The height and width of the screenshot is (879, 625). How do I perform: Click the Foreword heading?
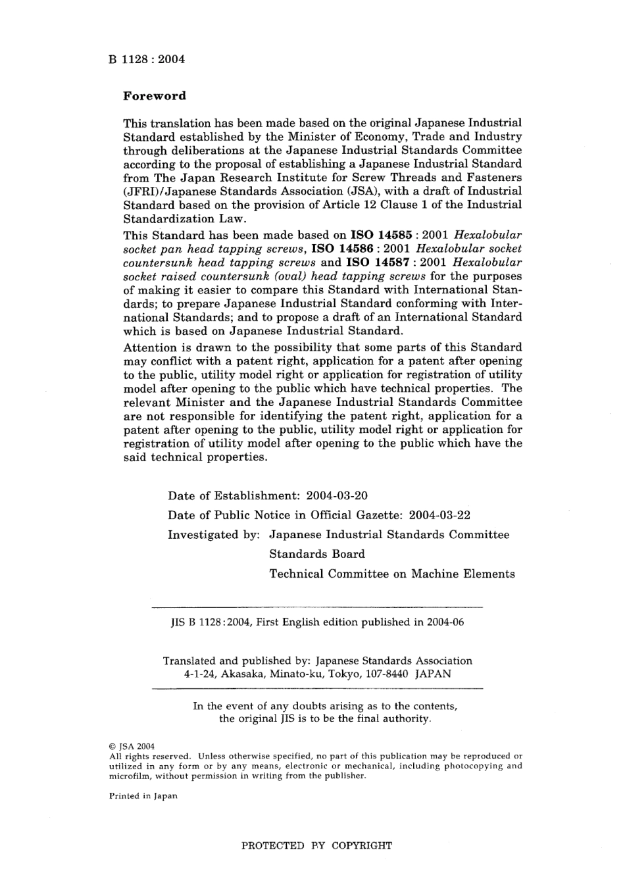click(x=155, y=96)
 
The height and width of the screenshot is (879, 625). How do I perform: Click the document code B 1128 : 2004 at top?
click(x=147, y=59)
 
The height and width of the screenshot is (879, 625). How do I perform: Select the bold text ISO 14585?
click(x=382, y=235)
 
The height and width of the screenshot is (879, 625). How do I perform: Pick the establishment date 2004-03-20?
click(x=341, y=495)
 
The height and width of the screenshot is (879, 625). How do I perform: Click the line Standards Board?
click(x=317, y=554)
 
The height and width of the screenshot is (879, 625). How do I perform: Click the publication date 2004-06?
click(x=445, y=622)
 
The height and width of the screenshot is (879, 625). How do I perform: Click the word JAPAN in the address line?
click(x=433, y=674)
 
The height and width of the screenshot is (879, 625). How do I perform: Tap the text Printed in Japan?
click(x=143, y=796)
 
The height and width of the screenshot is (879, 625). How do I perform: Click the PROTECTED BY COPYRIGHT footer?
click(x=316, y=845)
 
